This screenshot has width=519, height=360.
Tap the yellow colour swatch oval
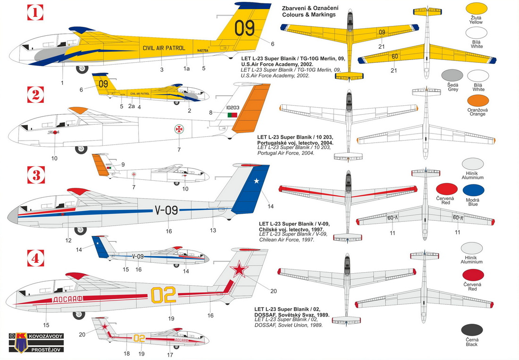pos(477,10)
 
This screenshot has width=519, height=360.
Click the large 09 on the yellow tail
pos(244,28)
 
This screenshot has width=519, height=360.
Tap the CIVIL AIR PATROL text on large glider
pos(164,48)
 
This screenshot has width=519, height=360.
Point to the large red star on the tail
pos(240,271)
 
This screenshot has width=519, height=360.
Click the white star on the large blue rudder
pos(257,181)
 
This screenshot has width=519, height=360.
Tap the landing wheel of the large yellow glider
pos(82,69)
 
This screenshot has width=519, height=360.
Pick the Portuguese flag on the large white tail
pos(233,115)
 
